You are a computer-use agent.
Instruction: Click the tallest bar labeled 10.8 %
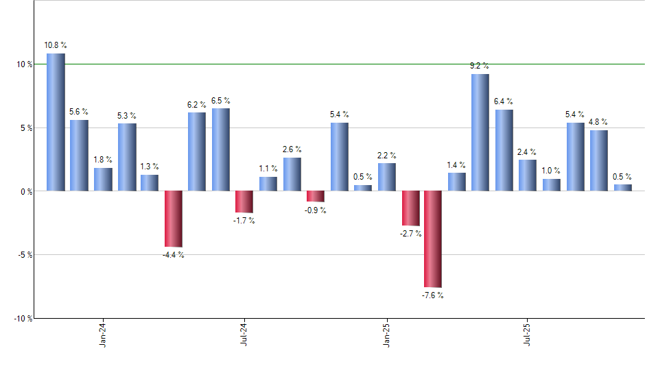(56, 122)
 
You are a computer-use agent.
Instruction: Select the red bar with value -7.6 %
(433, 239)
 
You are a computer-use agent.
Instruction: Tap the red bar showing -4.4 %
(174, 219)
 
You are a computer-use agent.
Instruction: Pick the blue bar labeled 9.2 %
(480, 132)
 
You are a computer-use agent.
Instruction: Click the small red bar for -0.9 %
(315, 196)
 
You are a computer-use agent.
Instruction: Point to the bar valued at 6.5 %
(221, 149)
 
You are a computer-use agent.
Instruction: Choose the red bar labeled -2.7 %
(410, 208)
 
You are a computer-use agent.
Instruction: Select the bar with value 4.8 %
(598, 160)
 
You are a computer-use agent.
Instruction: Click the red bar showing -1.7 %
(244, 202)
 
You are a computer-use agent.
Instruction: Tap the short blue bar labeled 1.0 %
(551, 184)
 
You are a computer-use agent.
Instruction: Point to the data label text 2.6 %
(292, 149)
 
